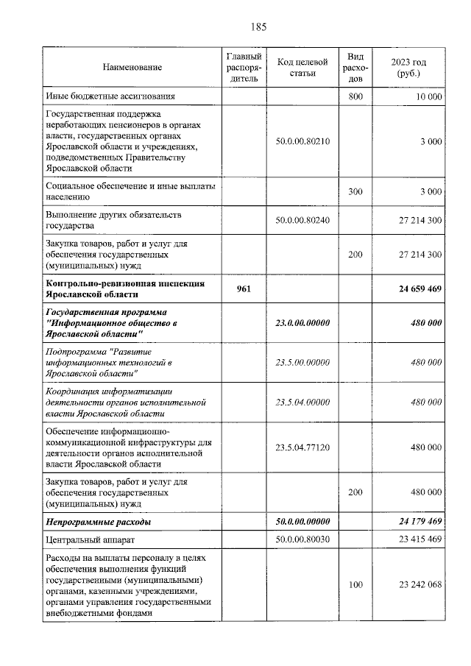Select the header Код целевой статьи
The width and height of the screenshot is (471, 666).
pyautogui.click(x=302, y=68)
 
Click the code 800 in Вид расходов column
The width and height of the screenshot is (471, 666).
pyautogui.click(x=355, y=96)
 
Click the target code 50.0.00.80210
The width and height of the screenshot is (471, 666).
pyautogui.click(x=302, y=141)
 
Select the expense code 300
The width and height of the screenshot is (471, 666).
pyautogui.click(x=355, y=191)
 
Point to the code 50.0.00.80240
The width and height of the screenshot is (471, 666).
pyautogui.click(x=302, y=220)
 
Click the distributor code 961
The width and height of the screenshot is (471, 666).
pyautogui.click(x=244, y=289)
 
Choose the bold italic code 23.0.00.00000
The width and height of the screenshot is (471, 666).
pyautogui.click(x=302, y=323)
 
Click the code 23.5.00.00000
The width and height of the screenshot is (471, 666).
pyautogui.click(x=302, y=363)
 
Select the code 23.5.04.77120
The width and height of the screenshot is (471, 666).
pyautogui.click(x=302, y=447)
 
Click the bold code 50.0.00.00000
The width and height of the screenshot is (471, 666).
pyautogui.click(x=302, y=522)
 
